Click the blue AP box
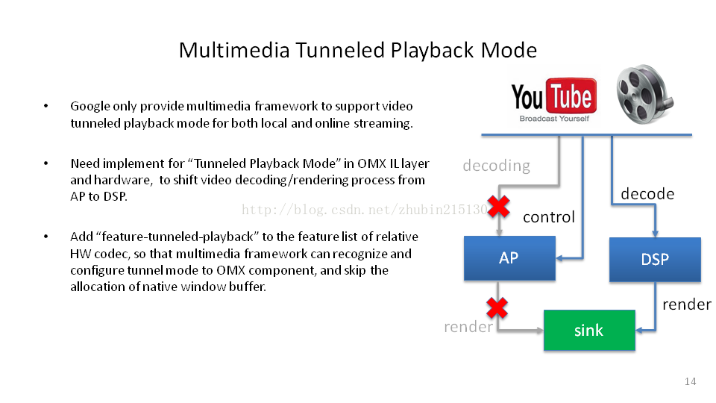[509, 258]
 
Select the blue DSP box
[655, 260]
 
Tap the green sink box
[589, 330]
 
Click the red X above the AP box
[498, 207]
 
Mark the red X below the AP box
[497, 307]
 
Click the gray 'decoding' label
[496, 166]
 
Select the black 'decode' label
[647, 194]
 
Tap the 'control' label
[549, 217]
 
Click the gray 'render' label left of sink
[468, 327]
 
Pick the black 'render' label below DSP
[687, 304]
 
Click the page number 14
[690, 382]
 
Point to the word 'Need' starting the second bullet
[84, 163]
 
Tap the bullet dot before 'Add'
[45, 237]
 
